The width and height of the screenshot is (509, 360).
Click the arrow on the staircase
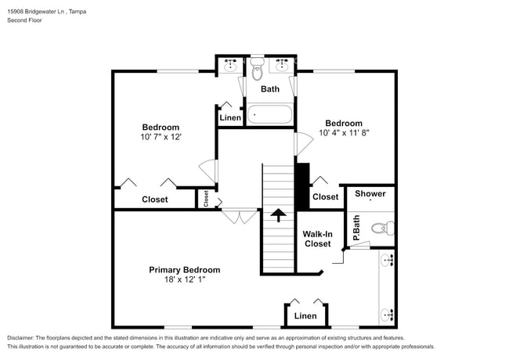278,214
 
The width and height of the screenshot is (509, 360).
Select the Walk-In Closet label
317,238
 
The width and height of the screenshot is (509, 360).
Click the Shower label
370,193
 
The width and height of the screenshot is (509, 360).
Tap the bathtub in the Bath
270,115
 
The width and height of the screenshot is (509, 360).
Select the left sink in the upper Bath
231,64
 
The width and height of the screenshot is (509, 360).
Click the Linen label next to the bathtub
230,117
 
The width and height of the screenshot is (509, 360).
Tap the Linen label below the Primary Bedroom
305,316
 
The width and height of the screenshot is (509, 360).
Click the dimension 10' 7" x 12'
161,137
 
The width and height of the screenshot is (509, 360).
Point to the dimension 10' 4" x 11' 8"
344,133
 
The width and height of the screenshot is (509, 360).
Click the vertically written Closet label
207,199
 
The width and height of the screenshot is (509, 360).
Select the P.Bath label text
356,227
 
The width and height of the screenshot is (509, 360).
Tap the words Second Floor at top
25,20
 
